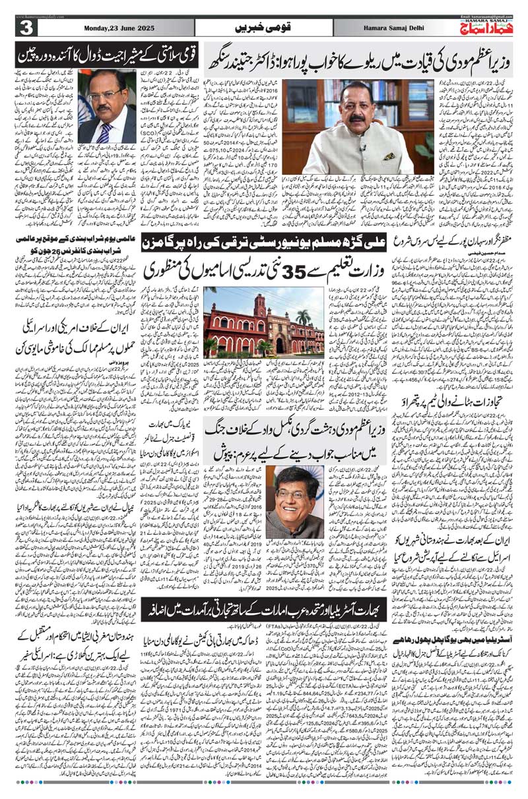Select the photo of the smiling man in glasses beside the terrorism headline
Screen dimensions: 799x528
pos(297,495)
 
